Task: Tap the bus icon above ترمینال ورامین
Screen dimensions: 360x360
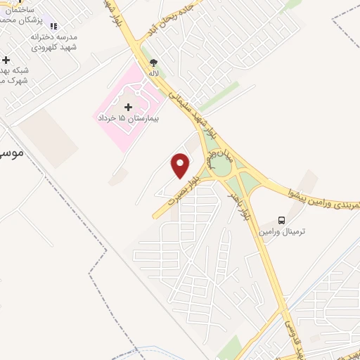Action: [x=282, y=220]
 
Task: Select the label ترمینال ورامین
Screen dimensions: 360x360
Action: [x=282, y=231]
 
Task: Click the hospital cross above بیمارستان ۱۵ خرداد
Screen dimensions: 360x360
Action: [x=127, y=108]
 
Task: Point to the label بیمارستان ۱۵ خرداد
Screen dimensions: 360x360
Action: [x=128, y=119]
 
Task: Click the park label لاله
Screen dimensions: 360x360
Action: [x=153, y=73]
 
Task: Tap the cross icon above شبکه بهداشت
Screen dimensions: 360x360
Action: [x=6, y=60]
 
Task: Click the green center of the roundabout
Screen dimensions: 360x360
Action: [x=221, y=166]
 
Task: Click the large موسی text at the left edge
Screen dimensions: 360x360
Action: [x=9, y=151]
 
